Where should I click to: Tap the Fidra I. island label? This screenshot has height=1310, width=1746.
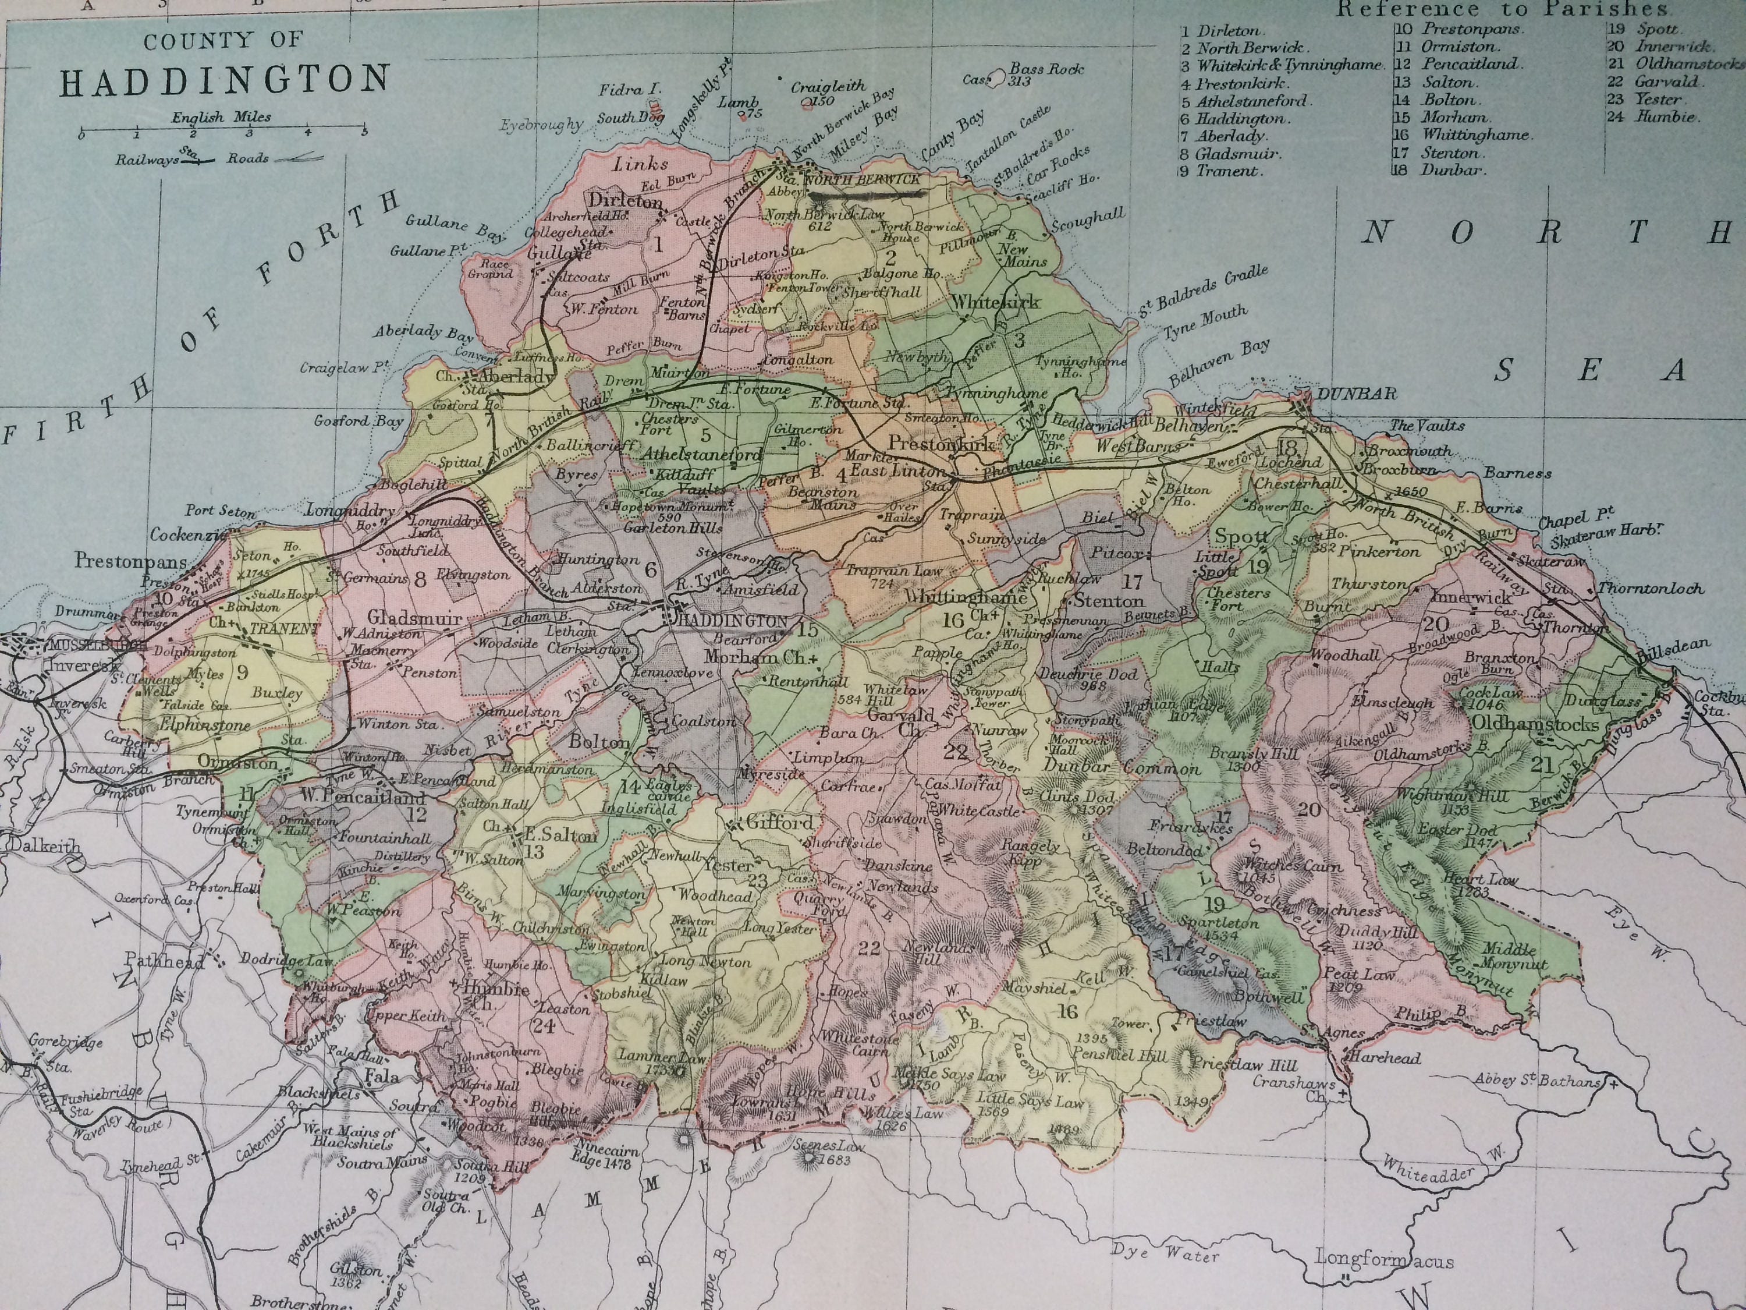629,90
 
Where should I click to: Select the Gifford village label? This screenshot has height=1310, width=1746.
779,822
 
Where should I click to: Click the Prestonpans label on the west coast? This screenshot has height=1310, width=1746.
131,561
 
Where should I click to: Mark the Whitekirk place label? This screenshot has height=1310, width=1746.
995,302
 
